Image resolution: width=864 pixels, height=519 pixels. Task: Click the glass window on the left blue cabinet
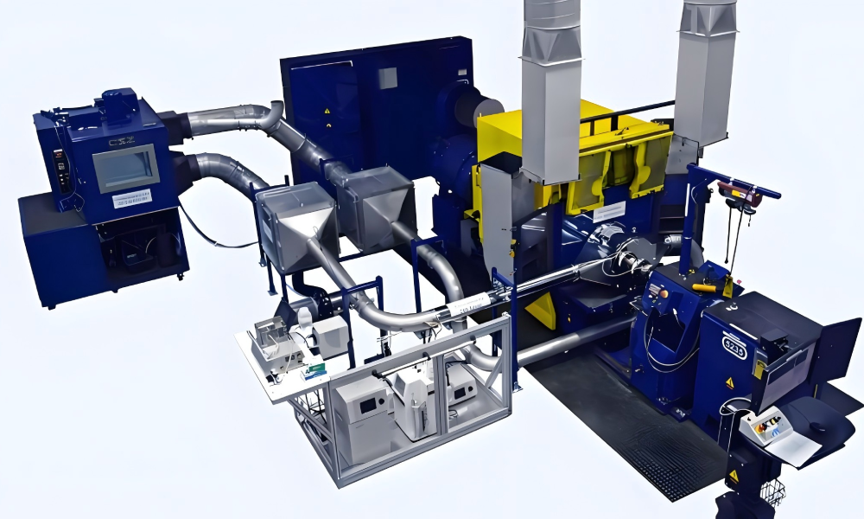[x=126, y=168]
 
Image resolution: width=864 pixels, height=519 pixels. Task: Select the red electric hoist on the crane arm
[x=741, y=194]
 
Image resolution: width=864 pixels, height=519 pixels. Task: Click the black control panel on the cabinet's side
[x=60, y=163]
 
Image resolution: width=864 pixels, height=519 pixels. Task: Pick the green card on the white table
[x=314, y=371]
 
